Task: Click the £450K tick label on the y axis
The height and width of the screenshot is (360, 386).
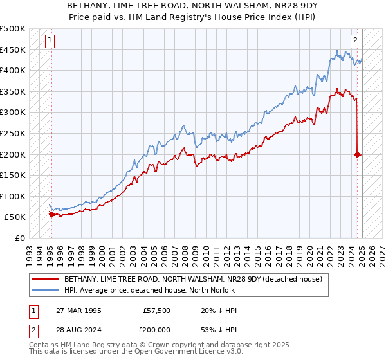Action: click(13, 50)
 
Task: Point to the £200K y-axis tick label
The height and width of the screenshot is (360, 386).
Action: click(13, 154)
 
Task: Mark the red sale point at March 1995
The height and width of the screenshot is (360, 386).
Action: click(51, 214)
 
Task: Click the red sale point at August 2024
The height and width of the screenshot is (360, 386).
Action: click(357, 154)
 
